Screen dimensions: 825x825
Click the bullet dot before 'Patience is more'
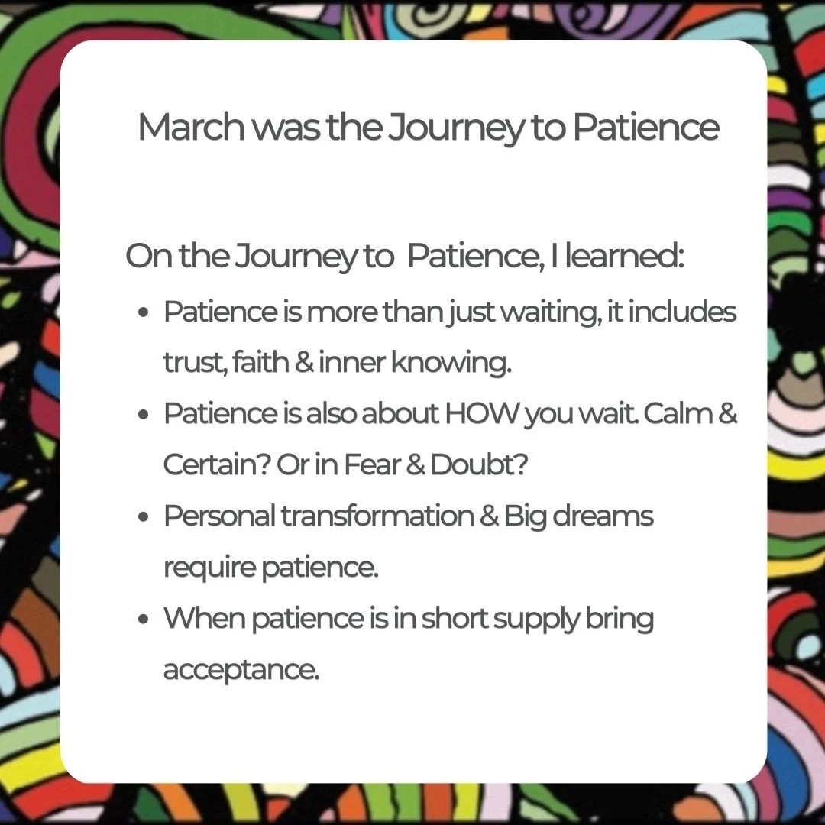click(144, 314)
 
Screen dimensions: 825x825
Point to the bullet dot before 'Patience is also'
click(144, 415)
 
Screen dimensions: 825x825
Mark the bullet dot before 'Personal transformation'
click(144, 517)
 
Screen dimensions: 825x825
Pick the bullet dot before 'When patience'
click(144, 620)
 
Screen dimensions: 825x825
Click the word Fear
click(363, 465)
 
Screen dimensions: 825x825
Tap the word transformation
click(377, 516)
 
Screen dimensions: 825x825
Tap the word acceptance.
click(241, 671)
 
